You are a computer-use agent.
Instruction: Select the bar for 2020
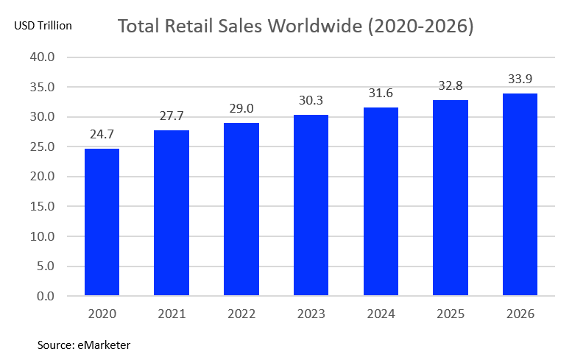pyautogui.click(x=102, y=222)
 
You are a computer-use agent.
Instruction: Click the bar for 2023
pyautogui.click(x=311, y=205)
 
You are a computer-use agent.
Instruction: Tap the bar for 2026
pyautogui.click(x=520, y=194)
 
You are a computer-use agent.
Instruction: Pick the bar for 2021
pyautogui.click(x=172, y=213)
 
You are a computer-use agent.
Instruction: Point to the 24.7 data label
pyautogui.click(x=102, y=134)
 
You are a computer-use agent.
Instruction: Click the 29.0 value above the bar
pyautogui.click(x=241, y=109)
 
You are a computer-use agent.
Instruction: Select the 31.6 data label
pyautogui.click(x=381, y=93)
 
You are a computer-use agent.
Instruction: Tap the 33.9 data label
pyautogui.click(x=520, y=79)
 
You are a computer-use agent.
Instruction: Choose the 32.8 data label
pyautogui.click(x=450, y=85)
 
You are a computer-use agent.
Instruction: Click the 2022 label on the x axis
pyautogui.click(x=241, y=314)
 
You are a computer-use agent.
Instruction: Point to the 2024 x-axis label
pyautogui.click(x=381, y=314)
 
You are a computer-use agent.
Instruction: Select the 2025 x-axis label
pyautogui.click(x=450, y=314)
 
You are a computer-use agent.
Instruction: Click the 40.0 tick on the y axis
pyautogui.click(x=42, y=57)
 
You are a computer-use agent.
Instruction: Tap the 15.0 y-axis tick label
pyautogui.click(x=42, y=206)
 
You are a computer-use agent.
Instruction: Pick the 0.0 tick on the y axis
pyautogui.click(x=46, y=296)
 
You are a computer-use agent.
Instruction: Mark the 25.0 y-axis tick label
pyautogui.click(x=42, y=147)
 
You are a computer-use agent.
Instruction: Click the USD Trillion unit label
pyautogui.click(x=43, y=26)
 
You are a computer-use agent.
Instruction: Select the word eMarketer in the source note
pyautogui.click(x=104, y=345)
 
